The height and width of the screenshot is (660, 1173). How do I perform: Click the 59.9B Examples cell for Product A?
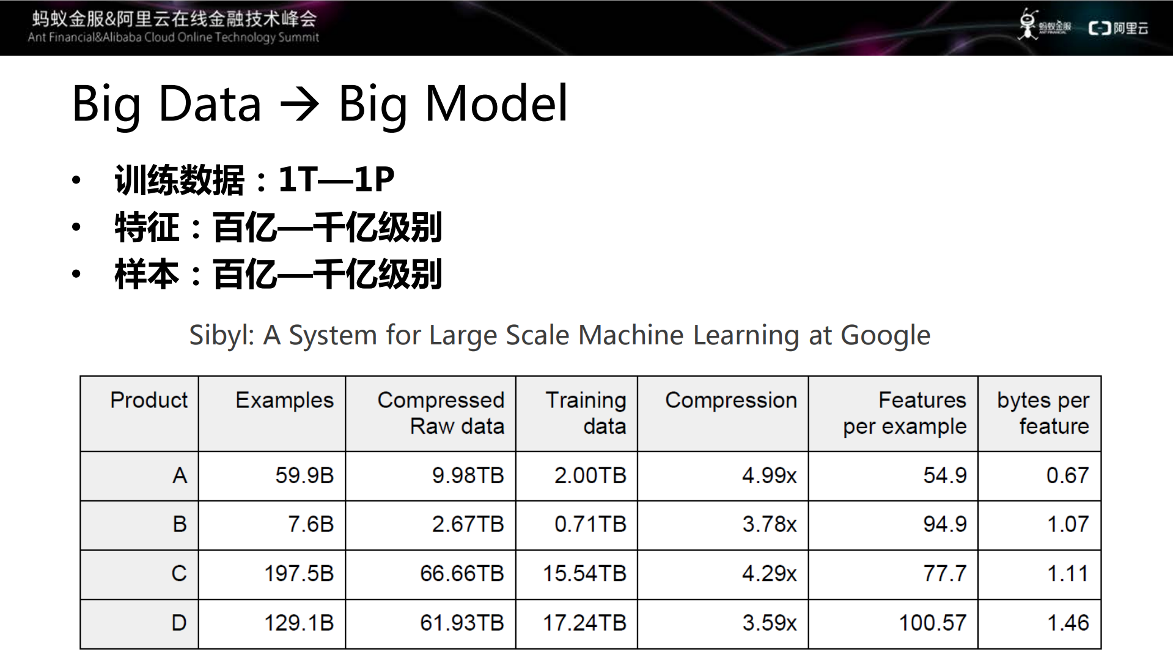click(304, 475)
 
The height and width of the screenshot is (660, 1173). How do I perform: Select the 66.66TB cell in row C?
click(461, 573)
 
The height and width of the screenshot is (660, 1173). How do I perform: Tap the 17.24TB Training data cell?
click(584, 623)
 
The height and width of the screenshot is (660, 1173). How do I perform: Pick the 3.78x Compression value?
click(770, 524)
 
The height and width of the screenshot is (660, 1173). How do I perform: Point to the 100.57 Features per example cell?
click(932, 623)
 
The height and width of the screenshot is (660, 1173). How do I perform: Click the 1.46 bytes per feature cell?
click(1068, 623)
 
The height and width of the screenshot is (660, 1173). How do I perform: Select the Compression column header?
click(730, 400)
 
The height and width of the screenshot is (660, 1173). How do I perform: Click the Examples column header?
click(284, 400)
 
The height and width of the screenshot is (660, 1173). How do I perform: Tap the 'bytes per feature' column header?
click(1043, 413)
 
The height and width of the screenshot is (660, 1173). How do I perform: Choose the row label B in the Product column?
click(179, 524)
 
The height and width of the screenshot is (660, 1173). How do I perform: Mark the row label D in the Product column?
click(178, 623)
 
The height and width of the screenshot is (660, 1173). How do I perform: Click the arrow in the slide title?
click(300, 105)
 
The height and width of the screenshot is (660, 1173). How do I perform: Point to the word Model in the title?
click(496, 103)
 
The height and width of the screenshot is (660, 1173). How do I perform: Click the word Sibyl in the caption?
click(219, 335)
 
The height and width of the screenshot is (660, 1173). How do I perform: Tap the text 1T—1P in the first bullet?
click(336, 180)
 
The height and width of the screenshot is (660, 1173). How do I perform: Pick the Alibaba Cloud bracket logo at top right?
click(1099, 28)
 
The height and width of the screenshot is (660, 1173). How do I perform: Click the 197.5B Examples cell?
click(298, 573)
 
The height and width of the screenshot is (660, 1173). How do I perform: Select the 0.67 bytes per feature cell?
click(1067, 475)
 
